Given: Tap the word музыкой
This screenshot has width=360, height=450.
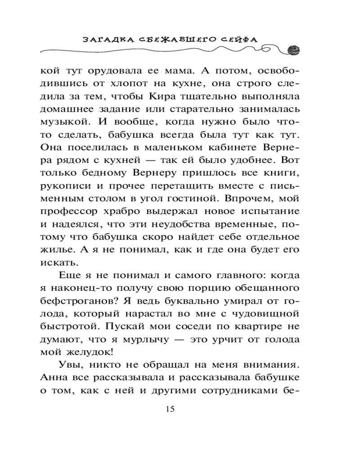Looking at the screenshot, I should [x=62, y=122].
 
